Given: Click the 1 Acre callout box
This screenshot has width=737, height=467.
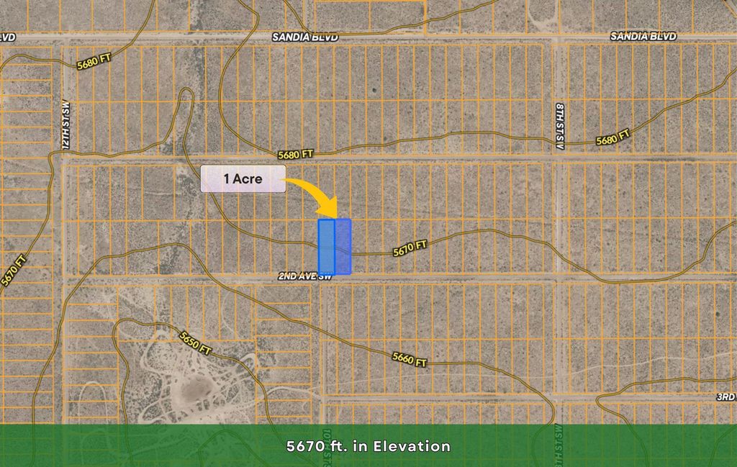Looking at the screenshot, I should coord(243,178).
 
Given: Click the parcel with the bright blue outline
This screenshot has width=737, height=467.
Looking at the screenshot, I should coord(326,247).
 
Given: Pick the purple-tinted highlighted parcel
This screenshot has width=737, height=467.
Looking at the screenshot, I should coord(343,247).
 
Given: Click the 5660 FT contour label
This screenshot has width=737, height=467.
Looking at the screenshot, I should coord(410,358).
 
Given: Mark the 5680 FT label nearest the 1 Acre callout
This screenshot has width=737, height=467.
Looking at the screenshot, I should coord(297,154).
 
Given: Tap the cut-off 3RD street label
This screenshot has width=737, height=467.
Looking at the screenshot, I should coord(725,396).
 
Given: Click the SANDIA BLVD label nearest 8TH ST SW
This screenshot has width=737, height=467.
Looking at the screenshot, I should coord(643,36).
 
